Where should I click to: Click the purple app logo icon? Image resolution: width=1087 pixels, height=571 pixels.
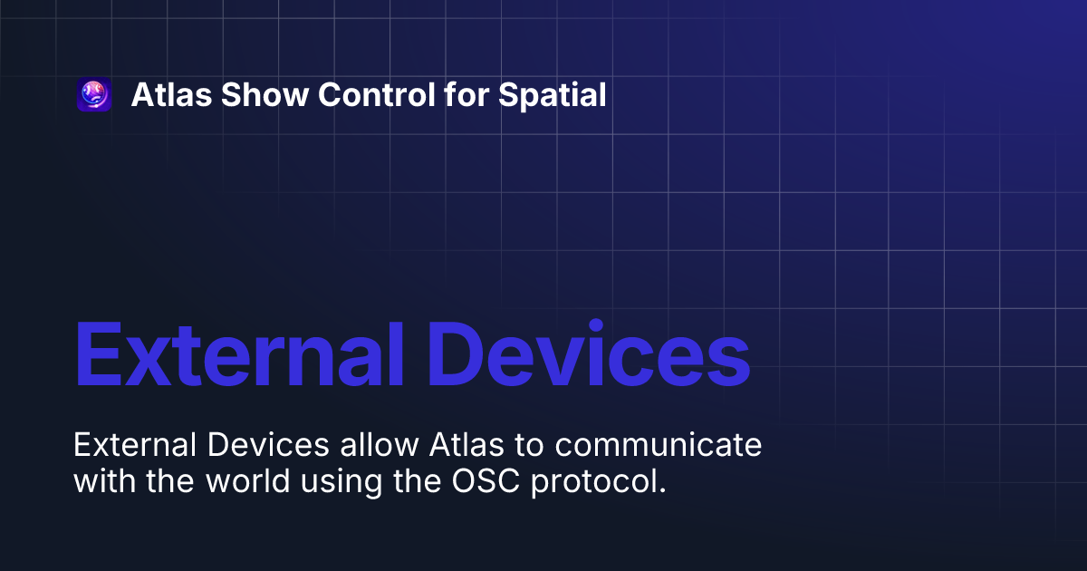(x=94, y=94)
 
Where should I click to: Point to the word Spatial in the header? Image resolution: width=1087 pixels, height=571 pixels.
(x=553, y=94)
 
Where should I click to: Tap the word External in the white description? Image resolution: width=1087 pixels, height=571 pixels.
(x=136, y=446)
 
